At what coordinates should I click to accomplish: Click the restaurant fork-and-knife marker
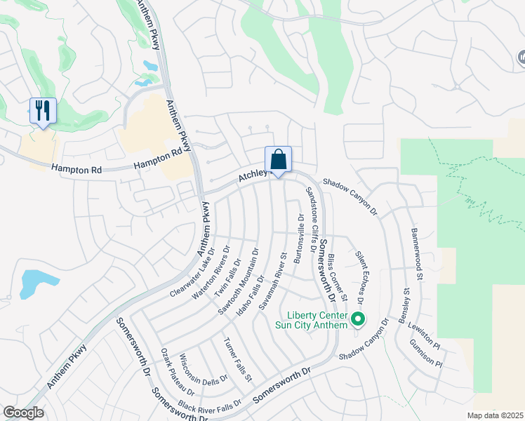[43, 111]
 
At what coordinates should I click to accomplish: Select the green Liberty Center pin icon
[358, 320]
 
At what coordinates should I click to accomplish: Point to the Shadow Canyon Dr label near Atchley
[350, 196]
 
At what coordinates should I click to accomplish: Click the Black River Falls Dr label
[209, 405]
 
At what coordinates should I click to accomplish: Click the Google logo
[24, 413]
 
